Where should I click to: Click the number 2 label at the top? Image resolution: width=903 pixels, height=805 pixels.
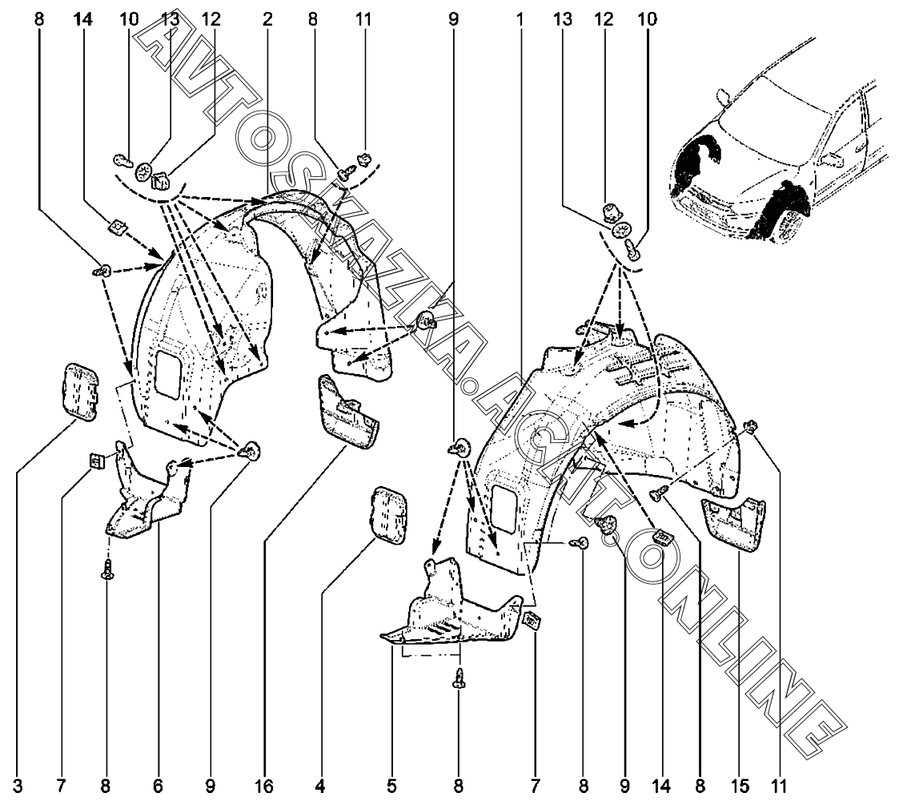pos(267,19)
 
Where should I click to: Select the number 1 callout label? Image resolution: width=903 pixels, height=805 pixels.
pos(520,19)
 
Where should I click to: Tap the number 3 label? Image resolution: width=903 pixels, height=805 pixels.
pos(18,786)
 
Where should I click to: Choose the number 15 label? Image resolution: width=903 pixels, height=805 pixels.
pos(740,786)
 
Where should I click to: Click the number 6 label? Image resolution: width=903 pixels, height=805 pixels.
pos(158,786)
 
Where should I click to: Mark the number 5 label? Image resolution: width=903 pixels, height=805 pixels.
pos(391,786)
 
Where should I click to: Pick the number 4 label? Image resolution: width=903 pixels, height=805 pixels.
pos(320,786)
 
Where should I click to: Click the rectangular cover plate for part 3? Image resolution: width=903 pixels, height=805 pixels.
pos(80,391)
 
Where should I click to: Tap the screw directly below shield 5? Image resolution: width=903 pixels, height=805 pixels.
pos(459,678)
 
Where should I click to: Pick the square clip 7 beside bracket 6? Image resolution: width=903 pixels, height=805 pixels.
pos(97,461)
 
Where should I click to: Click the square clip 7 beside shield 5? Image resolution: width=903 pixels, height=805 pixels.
pos(532,622)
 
